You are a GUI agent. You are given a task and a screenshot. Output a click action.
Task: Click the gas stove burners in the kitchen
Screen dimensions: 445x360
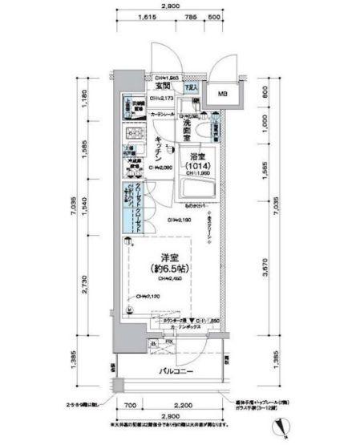pos(134,135)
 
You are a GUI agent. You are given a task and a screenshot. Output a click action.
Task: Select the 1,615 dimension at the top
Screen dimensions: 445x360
pos(146,17)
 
